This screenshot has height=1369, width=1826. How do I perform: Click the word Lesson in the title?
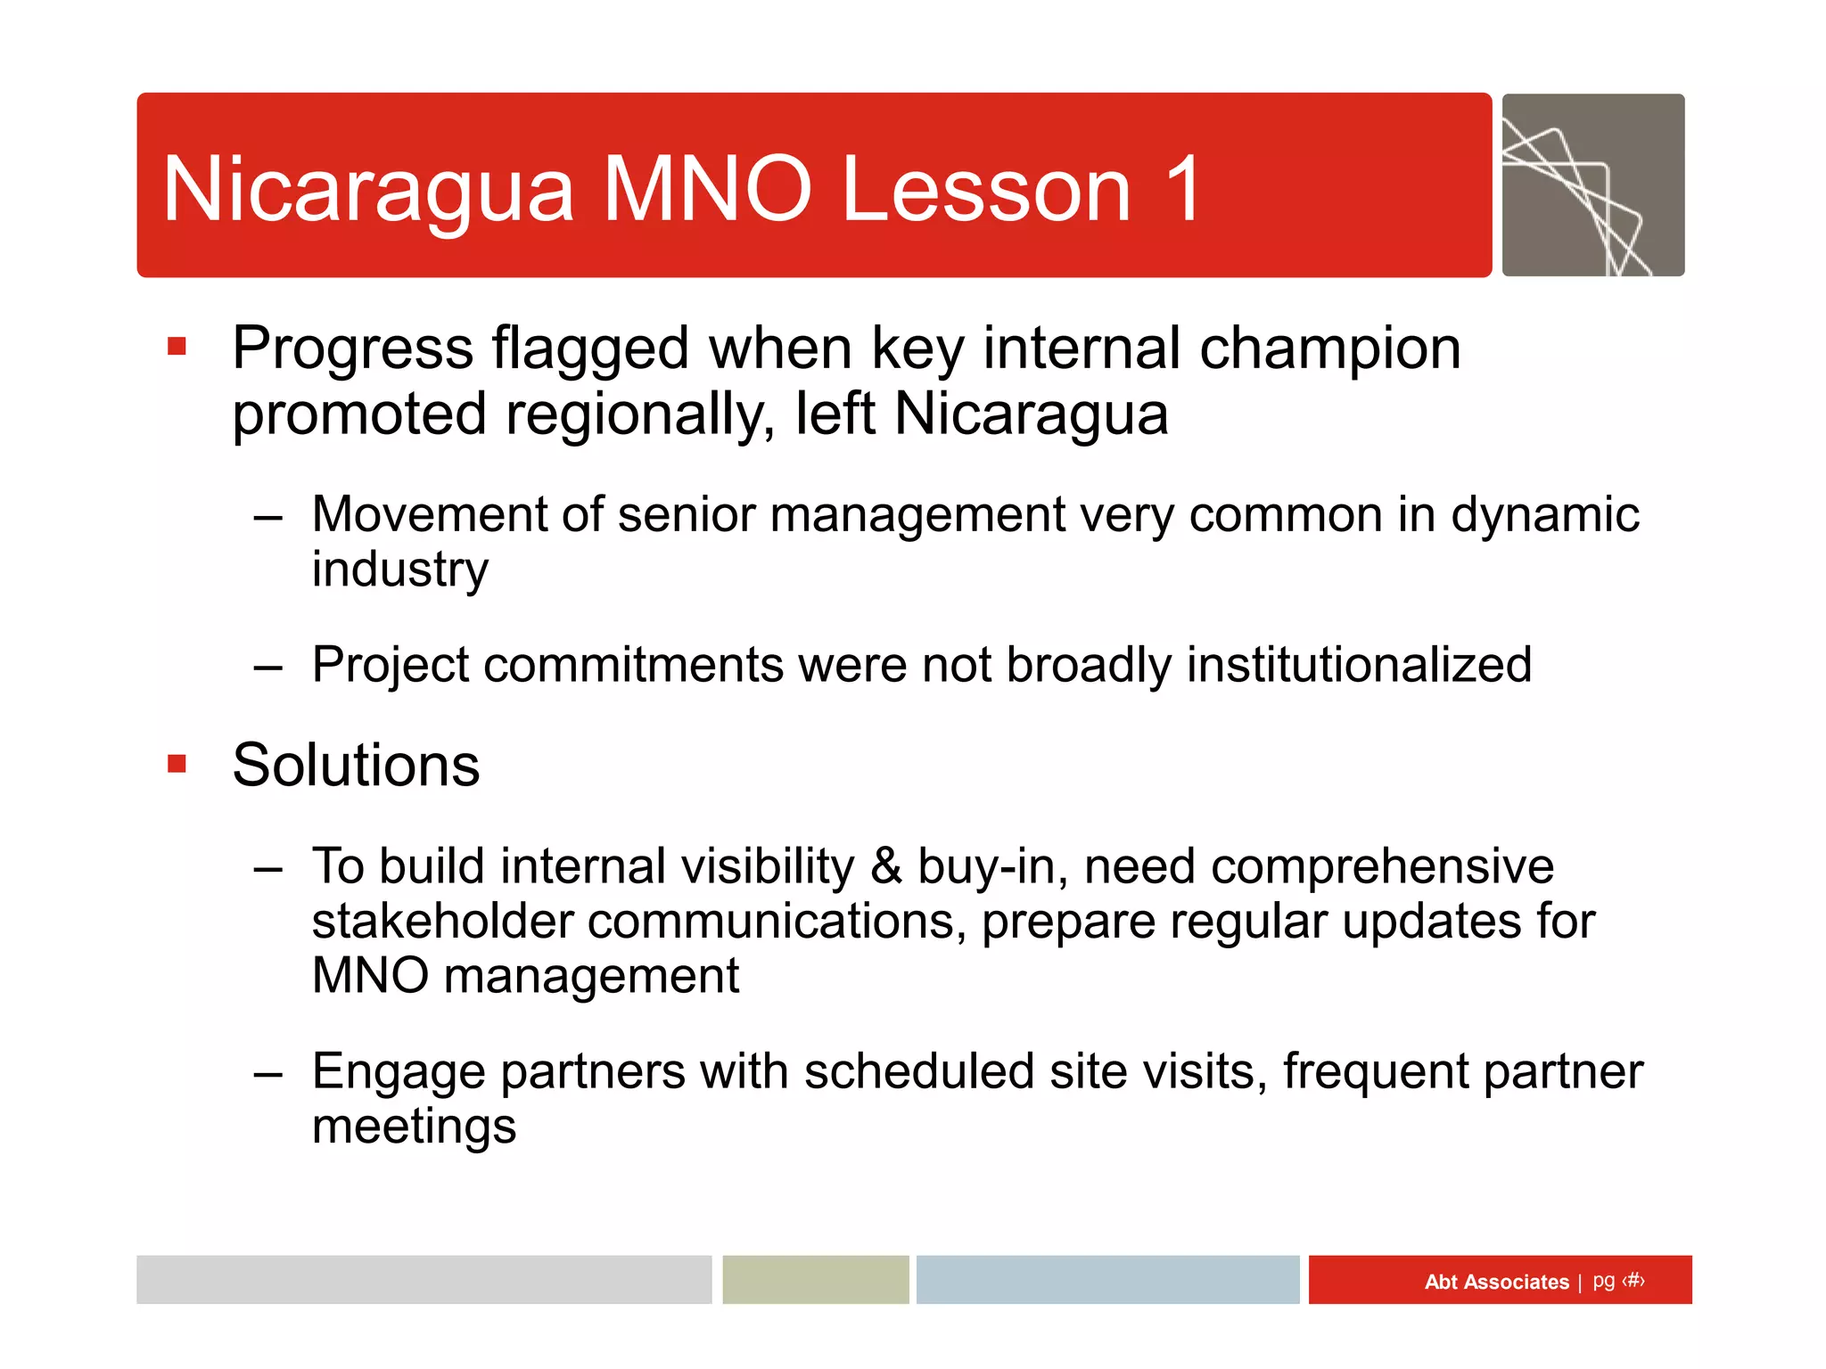coord(986,189)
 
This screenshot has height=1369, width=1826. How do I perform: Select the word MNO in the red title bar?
coord(707,189)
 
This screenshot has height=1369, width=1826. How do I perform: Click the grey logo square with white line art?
coord(1592,185)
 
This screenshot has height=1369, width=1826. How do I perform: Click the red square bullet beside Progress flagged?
coord(177,346)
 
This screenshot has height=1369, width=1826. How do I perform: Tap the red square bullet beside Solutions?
coord(177,764)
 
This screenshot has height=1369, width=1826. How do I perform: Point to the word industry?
coord(399,570)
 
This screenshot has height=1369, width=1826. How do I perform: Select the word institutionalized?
coord(1359,665)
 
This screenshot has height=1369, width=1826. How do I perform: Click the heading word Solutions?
coord(356,766)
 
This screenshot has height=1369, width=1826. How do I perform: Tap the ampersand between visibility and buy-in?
coord(885,866)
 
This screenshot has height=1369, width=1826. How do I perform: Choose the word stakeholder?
coord(441,922)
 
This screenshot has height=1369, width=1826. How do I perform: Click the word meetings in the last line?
coord(414,1127)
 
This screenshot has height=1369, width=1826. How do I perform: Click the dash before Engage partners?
coord(267,1074)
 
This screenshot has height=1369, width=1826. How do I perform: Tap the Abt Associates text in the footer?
coord(1496,1282)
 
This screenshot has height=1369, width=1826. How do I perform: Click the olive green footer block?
coord(815,1280)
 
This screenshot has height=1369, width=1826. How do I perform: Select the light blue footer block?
coord(1107,1280)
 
